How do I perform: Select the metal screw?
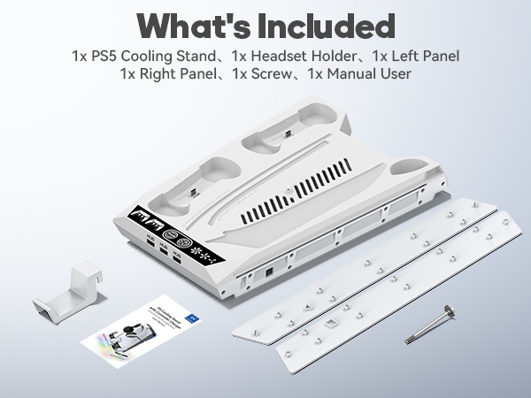(430, 324)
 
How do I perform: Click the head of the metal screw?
(449, 310)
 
